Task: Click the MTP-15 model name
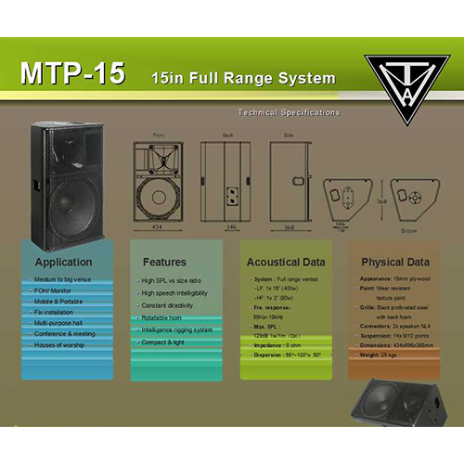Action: (71, 75)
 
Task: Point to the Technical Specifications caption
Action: (289, 112)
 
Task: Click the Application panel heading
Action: (63, 262)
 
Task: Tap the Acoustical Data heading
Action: (287, 263)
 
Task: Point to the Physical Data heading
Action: (395, 262)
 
